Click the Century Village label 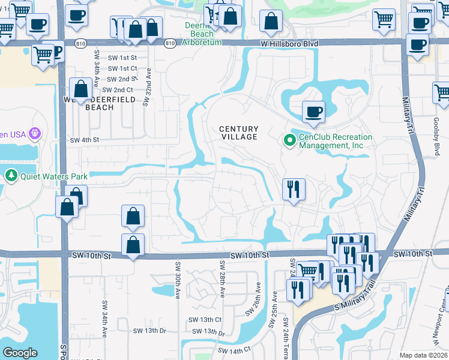238,133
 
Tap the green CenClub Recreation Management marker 289,140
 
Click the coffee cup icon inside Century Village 312,111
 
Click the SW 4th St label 83,140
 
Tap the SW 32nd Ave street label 145,87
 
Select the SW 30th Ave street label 178,279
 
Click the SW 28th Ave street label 222,280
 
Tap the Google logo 20,353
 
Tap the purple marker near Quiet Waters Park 35,133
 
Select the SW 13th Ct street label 205,320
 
